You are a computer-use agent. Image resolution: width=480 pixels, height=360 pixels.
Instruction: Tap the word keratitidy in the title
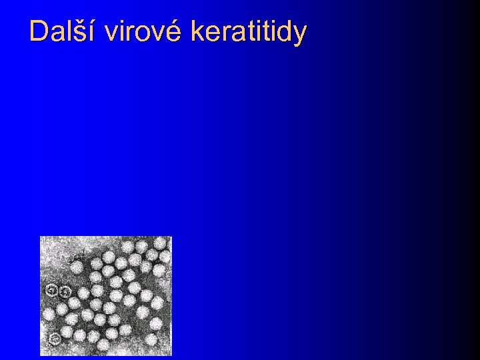[x=249, y=31]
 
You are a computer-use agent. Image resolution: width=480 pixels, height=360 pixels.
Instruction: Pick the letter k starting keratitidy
[x=196, y=31]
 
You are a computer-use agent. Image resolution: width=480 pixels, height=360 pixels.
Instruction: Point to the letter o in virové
[x=144, y=33]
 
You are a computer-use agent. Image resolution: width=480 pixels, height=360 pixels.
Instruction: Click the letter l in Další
[x=68, y=31]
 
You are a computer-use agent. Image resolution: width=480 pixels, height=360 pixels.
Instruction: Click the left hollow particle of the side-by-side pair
[x=51, y=290]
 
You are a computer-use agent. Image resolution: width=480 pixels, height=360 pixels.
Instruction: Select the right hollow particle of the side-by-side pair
[x=65, y=291]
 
